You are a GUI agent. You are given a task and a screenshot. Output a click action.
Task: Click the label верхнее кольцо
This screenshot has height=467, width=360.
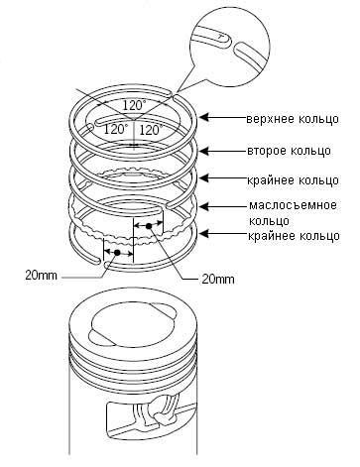293,119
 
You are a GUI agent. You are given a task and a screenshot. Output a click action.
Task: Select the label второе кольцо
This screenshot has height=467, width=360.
289,151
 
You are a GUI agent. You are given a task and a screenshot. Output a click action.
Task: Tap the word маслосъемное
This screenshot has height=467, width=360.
293,205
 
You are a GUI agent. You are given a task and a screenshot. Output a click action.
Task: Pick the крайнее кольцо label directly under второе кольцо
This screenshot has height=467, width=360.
293,180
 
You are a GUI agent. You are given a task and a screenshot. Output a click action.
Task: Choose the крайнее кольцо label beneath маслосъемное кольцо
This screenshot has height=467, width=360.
294,236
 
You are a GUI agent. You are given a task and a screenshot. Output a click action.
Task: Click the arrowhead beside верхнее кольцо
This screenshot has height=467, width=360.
204,117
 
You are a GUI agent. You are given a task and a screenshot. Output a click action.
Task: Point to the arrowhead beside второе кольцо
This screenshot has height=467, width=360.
204,151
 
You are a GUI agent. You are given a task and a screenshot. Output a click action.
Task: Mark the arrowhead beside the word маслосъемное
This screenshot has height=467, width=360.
204,206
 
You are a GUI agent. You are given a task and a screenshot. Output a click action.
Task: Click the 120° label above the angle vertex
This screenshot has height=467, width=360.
134,105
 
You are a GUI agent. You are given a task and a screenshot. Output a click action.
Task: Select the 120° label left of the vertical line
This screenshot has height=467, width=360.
116,129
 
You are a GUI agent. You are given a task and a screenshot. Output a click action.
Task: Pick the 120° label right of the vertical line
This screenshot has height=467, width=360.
151,130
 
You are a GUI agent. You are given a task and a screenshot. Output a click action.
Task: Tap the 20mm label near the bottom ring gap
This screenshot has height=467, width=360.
41,275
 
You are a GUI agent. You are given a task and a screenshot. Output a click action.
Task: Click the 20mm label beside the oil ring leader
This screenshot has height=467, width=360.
218,280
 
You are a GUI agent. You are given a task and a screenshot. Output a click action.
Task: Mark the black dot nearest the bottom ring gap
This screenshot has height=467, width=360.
117,253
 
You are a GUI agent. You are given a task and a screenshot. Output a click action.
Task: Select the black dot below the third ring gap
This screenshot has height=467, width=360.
149,226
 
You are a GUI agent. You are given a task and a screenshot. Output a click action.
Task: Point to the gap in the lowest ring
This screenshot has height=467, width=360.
102,263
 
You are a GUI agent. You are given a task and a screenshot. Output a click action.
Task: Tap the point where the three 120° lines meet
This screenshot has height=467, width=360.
134,120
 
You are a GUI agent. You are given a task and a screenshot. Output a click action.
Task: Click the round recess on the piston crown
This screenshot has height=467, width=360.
133,326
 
